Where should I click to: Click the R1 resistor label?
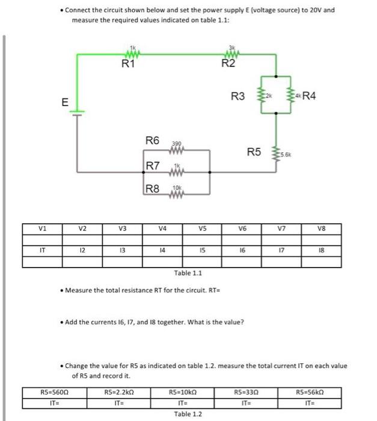coord(127,65)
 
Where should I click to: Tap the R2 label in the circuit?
coord(228,65)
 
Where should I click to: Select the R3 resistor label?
coord(238,96)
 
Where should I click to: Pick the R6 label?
coord(153,141)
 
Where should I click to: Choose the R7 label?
coord(153,165)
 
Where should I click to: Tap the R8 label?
coord(153,189)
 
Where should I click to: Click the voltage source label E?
coord(64,102)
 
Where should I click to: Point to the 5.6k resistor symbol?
coord(277,155)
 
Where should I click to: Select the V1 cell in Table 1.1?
coord(42,229)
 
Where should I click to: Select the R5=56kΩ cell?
coord(310,392)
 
